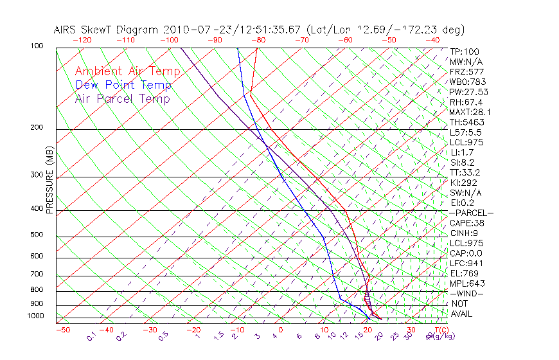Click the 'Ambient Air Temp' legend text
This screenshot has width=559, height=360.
point(127,71)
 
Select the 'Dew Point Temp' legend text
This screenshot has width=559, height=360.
point(123,85)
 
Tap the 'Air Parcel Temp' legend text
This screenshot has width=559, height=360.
point(122,98)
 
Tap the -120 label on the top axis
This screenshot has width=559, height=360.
point(82,40)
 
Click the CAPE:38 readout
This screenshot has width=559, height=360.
point(466,223)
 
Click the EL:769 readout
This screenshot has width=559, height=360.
point(463,273)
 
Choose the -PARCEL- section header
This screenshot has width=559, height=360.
point(471,213)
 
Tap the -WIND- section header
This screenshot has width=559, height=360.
point(467,293)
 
